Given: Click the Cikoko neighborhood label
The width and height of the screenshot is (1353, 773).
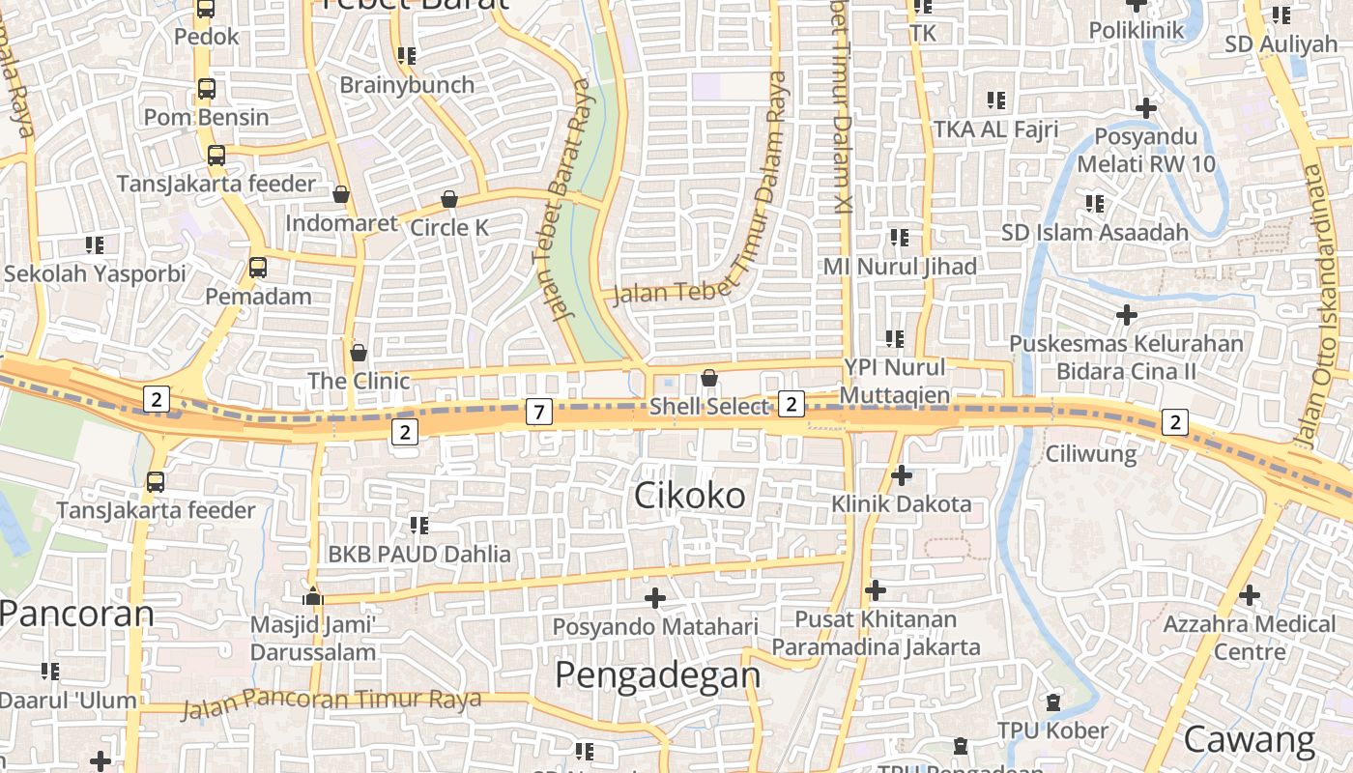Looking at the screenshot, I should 690,496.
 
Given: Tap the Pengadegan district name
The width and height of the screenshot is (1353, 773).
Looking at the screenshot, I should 657,674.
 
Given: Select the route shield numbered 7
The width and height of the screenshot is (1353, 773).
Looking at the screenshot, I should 539,413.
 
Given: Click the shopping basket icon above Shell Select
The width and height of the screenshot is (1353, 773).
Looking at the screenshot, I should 709,378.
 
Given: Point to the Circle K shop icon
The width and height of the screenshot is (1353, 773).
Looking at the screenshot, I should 449,200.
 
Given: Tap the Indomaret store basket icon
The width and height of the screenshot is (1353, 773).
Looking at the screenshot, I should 341,194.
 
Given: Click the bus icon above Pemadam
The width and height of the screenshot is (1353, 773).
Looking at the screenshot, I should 258,268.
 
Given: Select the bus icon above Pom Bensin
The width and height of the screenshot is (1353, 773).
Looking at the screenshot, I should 207,89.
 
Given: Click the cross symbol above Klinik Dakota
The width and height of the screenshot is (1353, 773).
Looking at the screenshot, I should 901,475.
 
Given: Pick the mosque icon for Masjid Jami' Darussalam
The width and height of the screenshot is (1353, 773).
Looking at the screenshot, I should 312,595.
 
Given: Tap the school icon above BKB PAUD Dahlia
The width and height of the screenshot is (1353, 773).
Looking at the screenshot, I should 418,526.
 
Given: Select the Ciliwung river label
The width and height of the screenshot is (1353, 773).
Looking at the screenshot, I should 1091,452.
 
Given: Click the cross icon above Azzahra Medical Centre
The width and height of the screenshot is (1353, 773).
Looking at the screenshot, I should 1250,595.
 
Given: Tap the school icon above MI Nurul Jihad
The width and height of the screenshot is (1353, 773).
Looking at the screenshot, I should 900,237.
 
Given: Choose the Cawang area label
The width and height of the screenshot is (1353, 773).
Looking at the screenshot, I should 1249,740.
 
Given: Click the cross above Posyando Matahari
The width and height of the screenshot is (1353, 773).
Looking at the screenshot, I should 655,598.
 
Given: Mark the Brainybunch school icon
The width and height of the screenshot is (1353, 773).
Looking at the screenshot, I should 407,56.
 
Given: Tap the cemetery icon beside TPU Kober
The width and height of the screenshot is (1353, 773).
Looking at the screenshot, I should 1053,702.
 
